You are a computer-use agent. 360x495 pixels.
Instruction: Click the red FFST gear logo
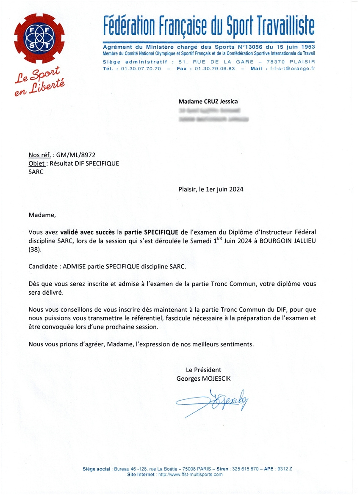[39, 39]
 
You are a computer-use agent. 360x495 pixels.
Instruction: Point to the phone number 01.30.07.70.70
[141, 69]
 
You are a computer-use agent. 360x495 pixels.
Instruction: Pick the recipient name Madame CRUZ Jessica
[208, 101]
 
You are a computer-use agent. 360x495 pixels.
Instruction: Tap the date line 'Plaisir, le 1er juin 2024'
[211, 189]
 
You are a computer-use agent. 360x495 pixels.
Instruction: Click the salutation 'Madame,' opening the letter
[42, 215]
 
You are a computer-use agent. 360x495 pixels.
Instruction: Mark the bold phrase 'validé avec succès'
[88, 232]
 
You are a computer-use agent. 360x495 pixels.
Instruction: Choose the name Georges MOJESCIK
[204, 379]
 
